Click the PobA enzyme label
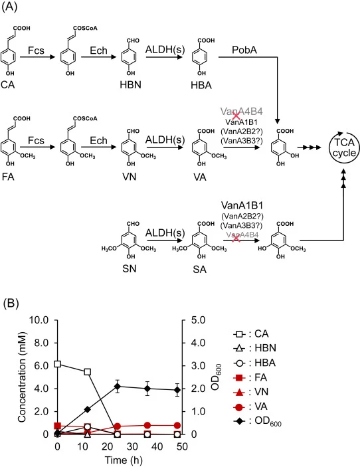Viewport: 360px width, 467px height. (x=244, y=50)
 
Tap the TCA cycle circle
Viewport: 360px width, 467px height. (x=329, y=147)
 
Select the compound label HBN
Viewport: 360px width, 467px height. (x=130, y=85)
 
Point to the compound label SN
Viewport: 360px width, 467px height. (x=130, y=268)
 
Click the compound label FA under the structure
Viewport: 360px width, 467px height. (x=8, y=177)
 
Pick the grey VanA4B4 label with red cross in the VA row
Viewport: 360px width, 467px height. (x=242, y=112)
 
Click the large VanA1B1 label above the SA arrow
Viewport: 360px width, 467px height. (x=242, y=205)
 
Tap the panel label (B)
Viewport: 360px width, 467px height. (x=11, y=303)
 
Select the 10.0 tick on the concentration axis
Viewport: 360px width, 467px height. (x=39, y=320)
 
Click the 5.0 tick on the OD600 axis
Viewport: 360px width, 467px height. (x=198, y=320)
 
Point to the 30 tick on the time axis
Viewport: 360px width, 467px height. (x=132, y=446)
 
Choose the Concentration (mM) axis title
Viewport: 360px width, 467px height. (x=22, y=377)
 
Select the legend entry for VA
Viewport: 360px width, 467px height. (x=250, y=407)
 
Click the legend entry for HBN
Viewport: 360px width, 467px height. (x=254, y=348)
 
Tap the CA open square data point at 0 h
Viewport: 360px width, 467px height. (x=58, y=364)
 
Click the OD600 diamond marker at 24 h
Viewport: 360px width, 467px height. (x=118, y=387)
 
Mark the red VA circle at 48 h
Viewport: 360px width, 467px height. (x=177, y=425)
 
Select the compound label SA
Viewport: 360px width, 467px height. (x=199, y=269)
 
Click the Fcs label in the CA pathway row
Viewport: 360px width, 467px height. (x=36, y=50)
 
